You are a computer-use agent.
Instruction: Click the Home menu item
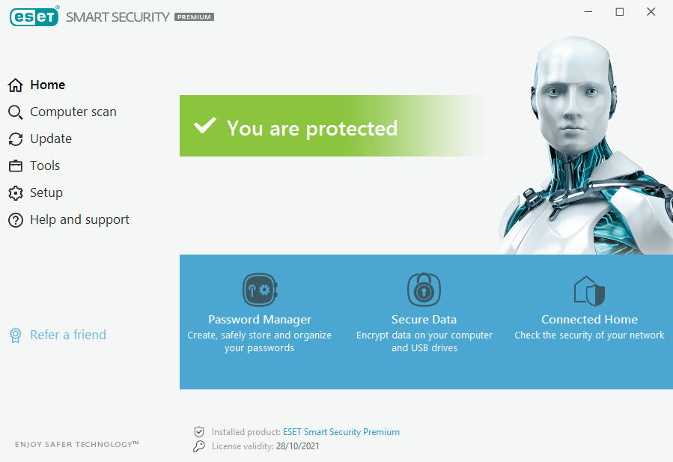[x=37, y=85]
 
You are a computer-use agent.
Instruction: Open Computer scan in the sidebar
[x=62, y=112]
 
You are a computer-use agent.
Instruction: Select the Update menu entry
[x=40, y=139]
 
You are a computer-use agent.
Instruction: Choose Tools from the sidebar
[x=34, y=165]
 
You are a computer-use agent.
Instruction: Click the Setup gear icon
[x=16, y=193]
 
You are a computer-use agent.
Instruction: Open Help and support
[x=69, y=220]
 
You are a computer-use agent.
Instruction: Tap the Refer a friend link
[x=58, y=335]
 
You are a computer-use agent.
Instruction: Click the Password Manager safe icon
[x=260, y=290]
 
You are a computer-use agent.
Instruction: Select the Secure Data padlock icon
[x=424, y=289]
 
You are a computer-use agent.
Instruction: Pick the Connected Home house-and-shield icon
[x=589, y=291]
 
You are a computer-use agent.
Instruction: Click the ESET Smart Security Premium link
[x=341, y=432]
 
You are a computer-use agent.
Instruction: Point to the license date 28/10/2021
[x=298, y=446]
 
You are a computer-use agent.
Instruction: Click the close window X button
[x=651, y=12]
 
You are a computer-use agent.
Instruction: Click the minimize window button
[x=588, y=11]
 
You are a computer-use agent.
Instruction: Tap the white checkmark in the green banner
[x=204, y=125]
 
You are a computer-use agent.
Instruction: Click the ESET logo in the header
[x=34, y=16]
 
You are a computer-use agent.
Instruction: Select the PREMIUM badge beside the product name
[x=194, y=17]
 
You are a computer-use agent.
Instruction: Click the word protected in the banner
[x=352, y=129]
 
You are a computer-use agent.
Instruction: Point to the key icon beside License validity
[x=198, y=446]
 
